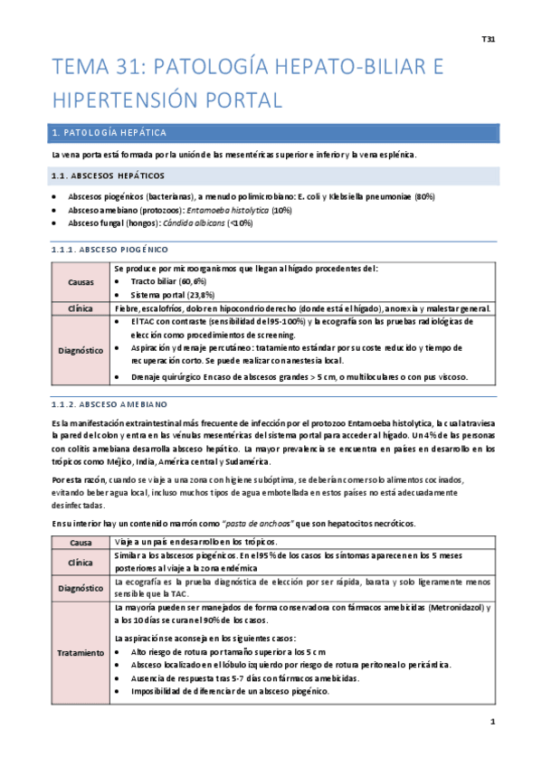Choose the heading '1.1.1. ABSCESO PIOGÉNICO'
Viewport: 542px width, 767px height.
click(x=109, y=249)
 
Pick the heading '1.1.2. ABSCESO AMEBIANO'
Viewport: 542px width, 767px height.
click(x=109, y=404)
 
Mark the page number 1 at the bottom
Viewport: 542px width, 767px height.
click(x=492, y=722)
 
